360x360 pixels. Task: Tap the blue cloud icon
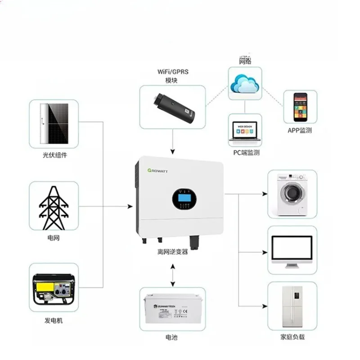[x=244, y=84]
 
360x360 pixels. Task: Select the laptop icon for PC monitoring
[x=245, y=130]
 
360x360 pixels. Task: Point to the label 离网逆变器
[x=173, y=252]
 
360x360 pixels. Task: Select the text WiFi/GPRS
[x=173, y=72]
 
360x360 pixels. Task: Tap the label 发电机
[x=54, y=320]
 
